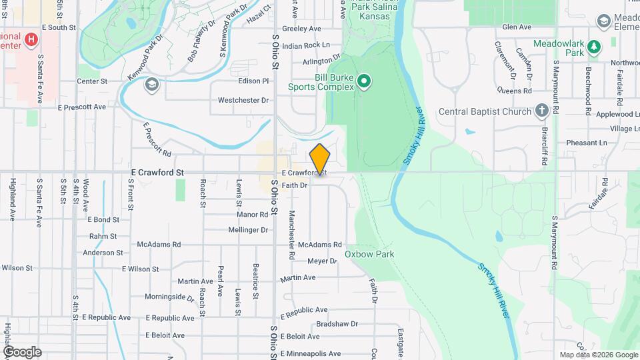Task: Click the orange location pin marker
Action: point(320,159)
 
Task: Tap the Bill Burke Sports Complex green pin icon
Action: point(363,82)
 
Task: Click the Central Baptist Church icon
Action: point(542,111)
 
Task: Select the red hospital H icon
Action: point(30,40)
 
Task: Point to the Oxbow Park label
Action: point(369,254)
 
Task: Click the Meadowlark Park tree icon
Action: point(613,43)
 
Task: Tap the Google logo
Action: point(22,352)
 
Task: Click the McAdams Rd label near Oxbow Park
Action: point(320,245)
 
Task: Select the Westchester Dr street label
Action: point(243,101)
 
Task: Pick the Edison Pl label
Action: point(253,81)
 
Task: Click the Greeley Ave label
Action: point(301,29)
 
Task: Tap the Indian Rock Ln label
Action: point(306,45)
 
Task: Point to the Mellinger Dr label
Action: point(248,230)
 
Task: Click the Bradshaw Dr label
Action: point(337,324)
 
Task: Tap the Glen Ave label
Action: point(517,27)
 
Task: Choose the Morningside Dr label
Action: point(170,297)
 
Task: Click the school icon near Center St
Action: point(153,84)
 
